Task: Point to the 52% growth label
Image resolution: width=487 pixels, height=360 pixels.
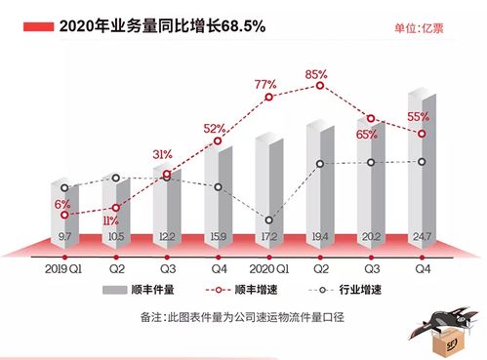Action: pos(215,129)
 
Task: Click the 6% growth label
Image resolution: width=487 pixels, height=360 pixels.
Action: pos(61,203)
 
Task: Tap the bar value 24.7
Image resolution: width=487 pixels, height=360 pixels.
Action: pos(420,236)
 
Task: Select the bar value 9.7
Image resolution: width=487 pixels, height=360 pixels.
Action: pos(64,237)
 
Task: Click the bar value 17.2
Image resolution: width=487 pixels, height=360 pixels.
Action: pos(266,237)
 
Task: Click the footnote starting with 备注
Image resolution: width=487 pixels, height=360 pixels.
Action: pos(244,318)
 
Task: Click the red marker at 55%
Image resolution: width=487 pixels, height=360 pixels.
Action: pos(420,134)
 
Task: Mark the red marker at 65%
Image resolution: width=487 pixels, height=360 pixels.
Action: pos(369,118)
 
